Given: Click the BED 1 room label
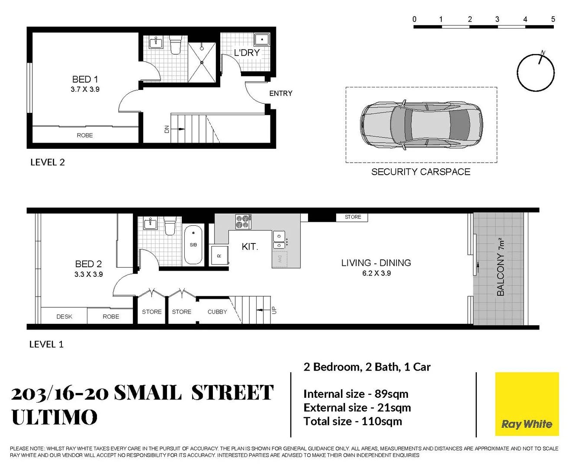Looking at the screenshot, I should point(85,80).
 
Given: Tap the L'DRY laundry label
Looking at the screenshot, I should point(247,53).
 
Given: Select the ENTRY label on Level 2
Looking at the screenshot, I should point(280,93).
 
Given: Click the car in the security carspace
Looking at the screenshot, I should point(421,125).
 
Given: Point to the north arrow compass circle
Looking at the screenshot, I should point(535,73).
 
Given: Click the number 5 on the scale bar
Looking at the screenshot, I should point(553,19).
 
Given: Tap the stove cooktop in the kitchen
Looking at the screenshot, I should point(243,222).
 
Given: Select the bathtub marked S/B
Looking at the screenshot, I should point(193,245).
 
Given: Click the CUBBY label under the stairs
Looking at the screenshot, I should point(217,312).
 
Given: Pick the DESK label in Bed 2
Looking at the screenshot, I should point(64,317).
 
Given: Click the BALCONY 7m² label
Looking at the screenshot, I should point(501,267).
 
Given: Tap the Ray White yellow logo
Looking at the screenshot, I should point(527,404).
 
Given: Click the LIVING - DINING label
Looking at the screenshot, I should point(376,263).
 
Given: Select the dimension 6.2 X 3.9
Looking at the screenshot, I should point(376,273).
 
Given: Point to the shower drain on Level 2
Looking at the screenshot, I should point(202,63).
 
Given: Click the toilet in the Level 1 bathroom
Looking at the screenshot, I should point(170,226).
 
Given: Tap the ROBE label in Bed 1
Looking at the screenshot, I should point(85,135).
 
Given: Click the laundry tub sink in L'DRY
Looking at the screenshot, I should point(261,40).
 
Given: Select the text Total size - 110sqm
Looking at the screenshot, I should point(353,421).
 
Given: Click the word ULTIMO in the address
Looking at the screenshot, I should point(55,417).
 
